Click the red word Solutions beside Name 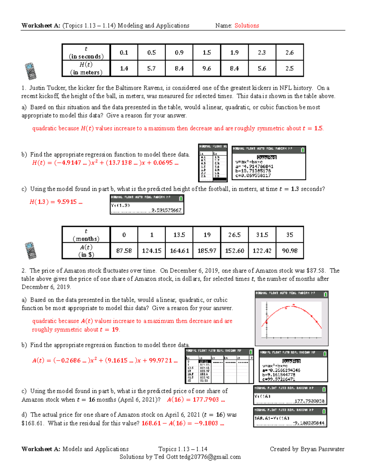pos(246,26)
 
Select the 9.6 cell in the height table pos(206,69)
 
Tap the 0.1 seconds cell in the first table pos(124,52)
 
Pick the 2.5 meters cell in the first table pos(289,69)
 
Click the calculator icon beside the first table pos(30,71)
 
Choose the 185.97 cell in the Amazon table pos(207,251)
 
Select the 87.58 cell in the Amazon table pos(124,251)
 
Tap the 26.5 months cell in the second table pos(234,235)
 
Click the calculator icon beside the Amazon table pos(30,250)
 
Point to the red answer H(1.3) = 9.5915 pos(56,202)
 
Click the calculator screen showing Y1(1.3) pos(147,205)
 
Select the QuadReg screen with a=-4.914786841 pos(269,163)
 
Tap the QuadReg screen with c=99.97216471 pos(293,366)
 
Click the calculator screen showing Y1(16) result pos(290,395)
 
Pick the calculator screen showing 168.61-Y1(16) pos(290,417)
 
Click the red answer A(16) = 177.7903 pos(196,400)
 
